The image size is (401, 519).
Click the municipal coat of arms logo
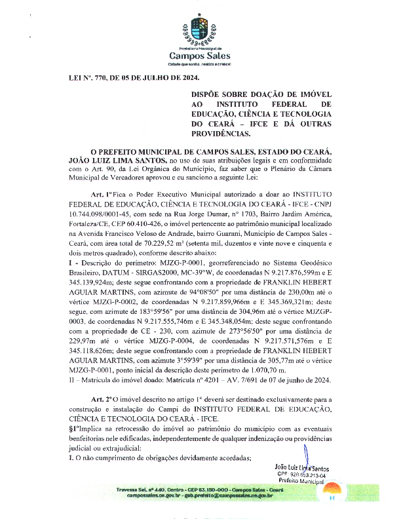pyautogui.click(x=200, y=30)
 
